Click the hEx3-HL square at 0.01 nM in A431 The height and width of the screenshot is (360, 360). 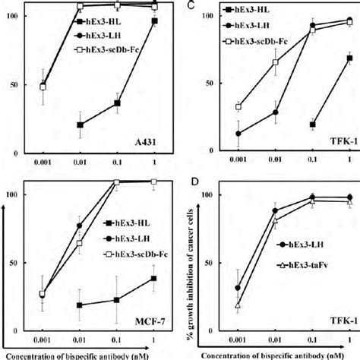[81, 125]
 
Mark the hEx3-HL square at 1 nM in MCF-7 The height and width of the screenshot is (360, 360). [155, 279]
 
